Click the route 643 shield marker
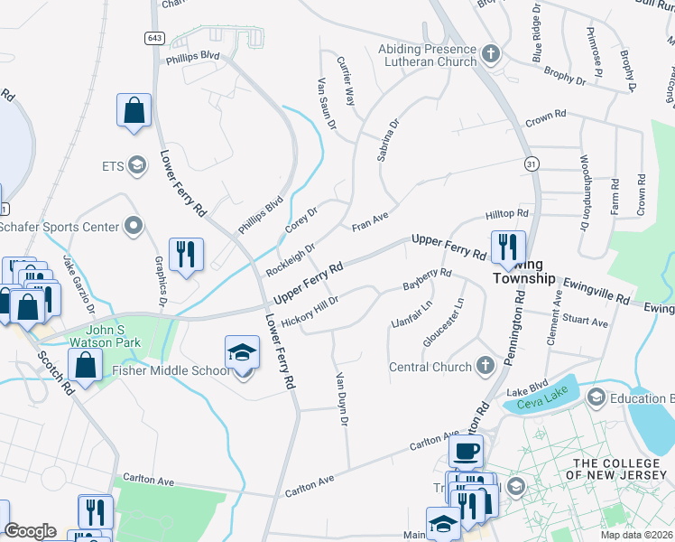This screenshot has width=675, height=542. [x=155, y=37]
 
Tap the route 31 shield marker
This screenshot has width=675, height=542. [x=533, y=163]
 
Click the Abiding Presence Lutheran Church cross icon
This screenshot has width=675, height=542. [x=491, y=54]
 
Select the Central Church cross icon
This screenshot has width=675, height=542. [x=485, y=366]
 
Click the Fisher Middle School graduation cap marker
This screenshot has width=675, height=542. [x=242, y=353]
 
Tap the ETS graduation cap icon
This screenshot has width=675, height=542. [x=137, y=165]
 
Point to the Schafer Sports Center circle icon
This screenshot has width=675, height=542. [x=134, y=226]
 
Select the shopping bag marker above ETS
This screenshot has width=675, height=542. [x=134, y=111]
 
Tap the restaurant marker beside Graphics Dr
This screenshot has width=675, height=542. [x=186, y=253]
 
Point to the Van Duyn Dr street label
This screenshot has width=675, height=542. [x=342, y=398]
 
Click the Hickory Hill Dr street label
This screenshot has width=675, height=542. [x=310, y=311]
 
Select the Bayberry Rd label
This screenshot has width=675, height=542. [x=427, y=279]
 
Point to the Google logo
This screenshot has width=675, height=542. [x=31, y=531]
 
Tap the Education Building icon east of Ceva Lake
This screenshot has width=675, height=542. [x=596, y=397]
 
